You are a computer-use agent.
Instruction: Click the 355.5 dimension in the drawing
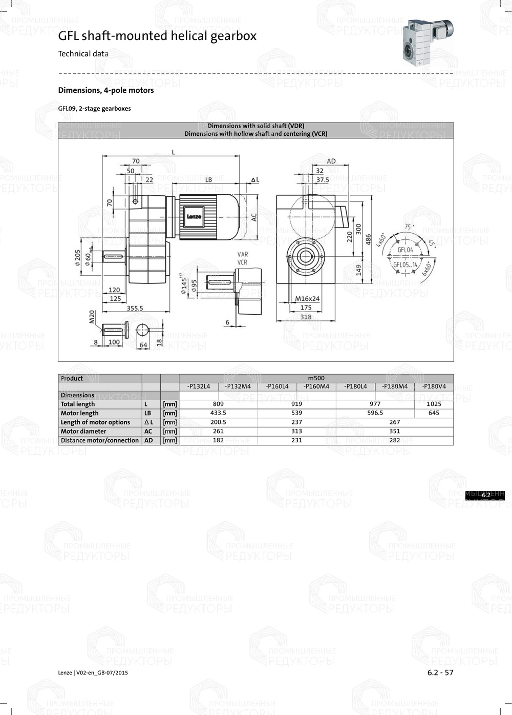click(135, 308)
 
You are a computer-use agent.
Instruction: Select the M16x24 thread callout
click(307, 298)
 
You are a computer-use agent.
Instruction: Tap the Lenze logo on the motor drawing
click(194, 216)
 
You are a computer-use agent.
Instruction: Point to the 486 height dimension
click(368, 239)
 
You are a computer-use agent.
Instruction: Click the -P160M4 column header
click(316, 386)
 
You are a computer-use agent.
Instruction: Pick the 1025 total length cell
click(434, 404)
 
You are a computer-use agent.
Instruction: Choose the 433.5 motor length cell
click(218, 413)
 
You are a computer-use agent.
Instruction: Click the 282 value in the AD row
click(394, 440)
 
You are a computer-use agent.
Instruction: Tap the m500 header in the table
click(316, 378)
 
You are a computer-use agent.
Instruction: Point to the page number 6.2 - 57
click(440, 672)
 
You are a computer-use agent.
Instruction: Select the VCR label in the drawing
click(242, 262)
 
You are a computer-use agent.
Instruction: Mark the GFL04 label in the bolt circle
click(405, 250)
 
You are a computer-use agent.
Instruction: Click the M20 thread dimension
click(92, 317)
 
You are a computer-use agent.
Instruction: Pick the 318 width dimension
click(306, 317)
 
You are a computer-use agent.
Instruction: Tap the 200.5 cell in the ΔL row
click(218, 422)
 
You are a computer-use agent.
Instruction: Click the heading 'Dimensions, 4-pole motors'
click(106, 90)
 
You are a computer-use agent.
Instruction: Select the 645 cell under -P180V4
click(434, 413)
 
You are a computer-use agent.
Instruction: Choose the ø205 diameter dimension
click(78, 258)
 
